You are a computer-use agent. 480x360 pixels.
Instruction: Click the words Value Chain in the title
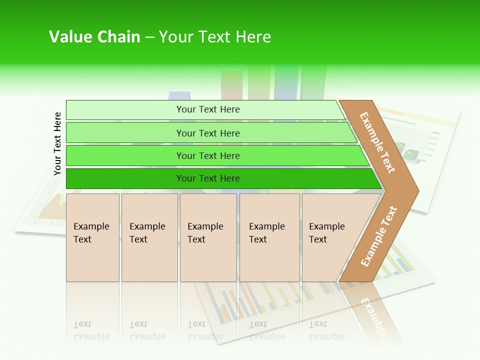94,37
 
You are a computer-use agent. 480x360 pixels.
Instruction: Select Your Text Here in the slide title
215,37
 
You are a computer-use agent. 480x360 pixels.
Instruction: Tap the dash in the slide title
149,37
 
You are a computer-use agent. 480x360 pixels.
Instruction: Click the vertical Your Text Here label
57,143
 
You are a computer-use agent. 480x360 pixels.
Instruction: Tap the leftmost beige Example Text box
92,237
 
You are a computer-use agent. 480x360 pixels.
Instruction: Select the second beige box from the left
149,237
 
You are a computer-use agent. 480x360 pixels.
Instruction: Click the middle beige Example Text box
208,237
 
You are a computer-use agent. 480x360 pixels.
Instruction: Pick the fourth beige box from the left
269,237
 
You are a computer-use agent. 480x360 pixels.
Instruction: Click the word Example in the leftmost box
91,226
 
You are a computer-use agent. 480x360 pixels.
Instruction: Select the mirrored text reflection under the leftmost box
91,331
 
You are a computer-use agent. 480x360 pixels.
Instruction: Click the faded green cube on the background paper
406,150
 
